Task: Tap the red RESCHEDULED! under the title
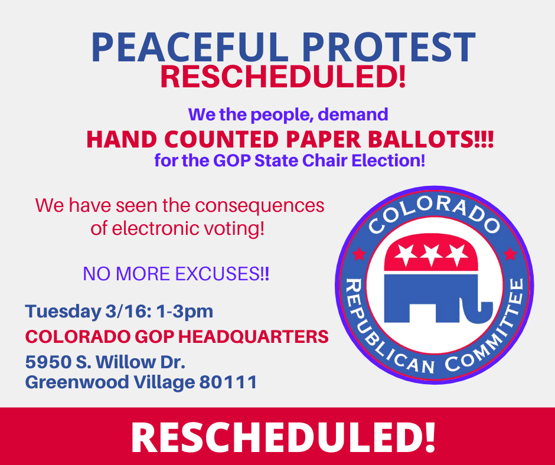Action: (x=283, y=77)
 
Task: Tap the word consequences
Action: (x=260, y=205)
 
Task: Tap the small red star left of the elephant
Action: (x=358, y=254)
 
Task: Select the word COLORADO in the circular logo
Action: (x=432, y=216)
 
